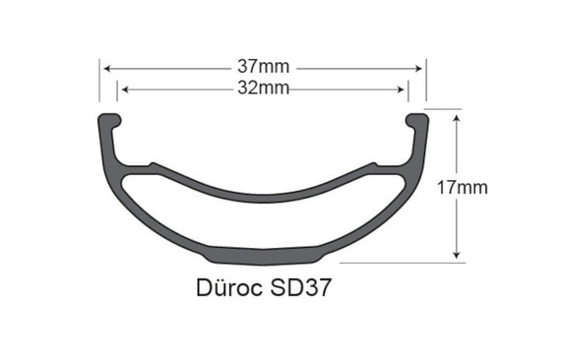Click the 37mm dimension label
[264, 68]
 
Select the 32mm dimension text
[264, 89]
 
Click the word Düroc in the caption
[224, 292]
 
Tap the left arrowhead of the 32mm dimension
[123, 89]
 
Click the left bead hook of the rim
[107, 120]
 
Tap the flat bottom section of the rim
[264, 254]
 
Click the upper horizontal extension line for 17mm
[445, 110]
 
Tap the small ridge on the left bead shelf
[153, 164]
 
